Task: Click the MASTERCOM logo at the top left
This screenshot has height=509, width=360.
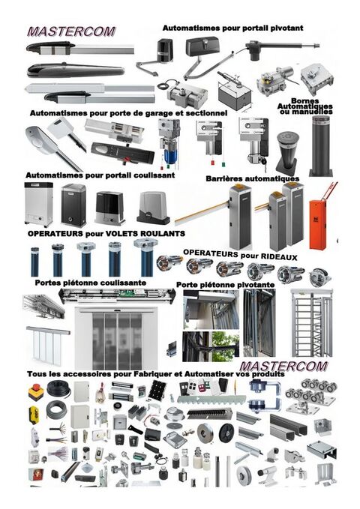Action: (71, 31)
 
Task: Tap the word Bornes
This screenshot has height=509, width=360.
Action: (305, 101)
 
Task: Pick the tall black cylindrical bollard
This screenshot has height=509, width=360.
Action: (321, 145)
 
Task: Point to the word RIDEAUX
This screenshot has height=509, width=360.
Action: (279, 257)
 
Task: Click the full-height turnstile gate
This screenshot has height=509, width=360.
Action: (311, 322)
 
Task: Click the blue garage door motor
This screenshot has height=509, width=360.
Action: (169, 145)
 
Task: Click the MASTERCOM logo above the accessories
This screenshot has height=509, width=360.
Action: (283, 367)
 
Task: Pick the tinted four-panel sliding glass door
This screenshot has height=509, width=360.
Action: (117, 337)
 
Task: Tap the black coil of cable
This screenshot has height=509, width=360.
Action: (58, 388)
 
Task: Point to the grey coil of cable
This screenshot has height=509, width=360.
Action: (56, 410)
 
